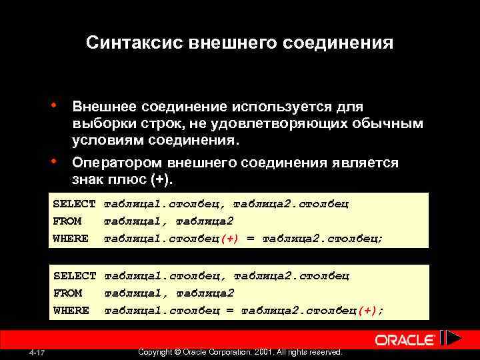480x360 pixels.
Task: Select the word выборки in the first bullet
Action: (x=101, y=124)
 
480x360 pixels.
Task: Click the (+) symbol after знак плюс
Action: (x=160, y=180)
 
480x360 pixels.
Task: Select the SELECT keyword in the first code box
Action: (x=74, y=203)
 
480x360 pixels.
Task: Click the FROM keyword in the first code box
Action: (x=67, y=221)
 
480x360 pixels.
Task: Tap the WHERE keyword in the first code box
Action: (x=70, y=238)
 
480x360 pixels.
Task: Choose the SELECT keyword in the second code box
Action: (x=74, y=275)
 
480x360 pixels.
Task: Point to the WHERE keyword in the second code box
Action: (x=70, y=310)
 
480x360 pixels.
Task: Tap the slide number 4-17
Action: (x=37, y=352)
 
